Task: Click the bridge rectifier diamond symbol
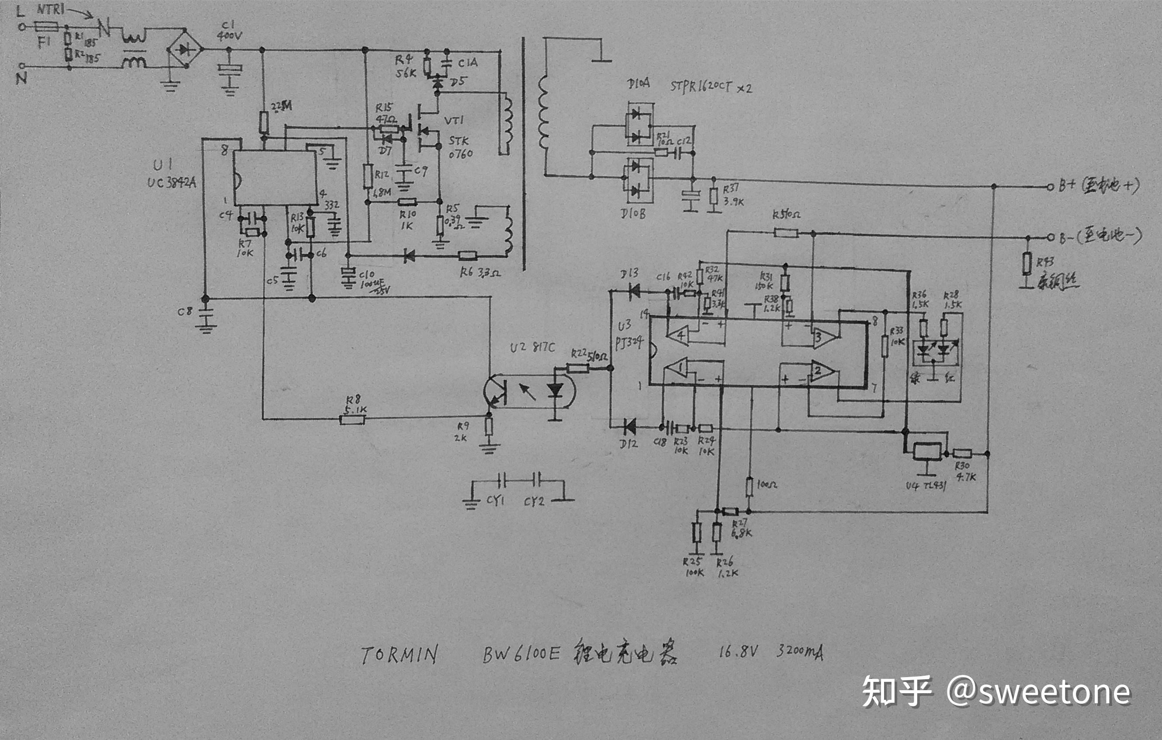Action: (x=185, y=49)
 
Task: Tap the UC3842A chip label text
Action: (x=172, y=182)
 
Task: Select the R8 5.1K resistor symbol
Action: (x=352, y=420)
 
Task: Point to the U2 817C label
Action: (x=532, y=347)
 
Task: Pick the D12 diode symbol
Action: (x=629, y=427)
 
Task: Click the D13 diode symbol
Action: (x=634, y=291)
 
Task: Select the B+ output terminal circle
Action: (x=1050, y=187)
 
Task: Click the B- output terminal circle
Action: (x=1050, y=237)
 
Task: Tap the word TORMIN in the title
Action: (x=399, y=655)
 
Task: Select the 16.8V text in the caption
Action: (x=738, y=652)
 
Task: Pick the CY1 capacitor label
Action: (x=495, y=500)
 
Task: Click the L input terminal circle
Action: (x=22, y=27)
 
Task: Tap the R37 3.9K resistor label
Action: (x=733, y=195)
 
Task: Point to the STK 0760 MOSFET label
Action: (x=460, y=147)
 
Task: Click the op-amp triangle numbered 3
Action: (x=824, y=337)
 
